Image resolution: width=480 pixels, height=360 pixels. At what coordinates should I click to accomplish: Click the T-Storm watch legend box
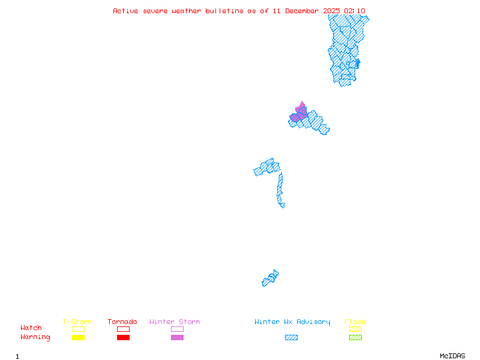pos(78,329)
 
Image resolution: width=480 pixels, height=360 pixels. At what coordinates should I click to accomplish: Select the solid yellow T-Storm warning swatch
pos(78,337)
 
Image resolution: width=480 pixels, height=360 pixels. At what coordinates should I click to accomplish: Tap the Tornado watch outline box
pos(123,329)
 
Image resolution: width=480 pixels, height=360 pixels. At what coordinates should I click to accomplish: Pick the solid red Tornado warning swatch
pos(123,337)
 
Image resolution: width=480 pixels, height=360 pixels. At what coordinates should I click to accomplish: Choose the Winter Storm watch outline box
pos(177,329)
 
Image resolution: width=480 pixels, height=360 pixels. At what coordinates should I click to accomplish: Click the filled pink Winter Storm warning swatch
pos(177,337)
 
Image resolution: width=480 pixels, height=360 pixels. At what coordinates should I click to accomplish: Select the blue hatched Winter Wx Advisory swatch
pos(291,337)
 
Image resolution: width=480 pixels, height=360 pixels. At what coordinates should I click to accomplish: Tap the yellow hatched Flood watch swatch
pos(355,329)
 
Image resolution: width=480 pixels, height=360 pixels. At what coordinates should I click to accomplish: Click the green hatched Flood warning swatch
pos(355,337)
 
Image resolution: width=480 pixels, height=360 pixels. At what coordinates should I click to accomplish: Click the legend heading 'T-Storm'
pos(77,322)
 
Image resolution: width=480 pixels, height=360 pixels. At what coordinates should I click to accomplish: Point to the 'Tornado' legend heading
pos(122,322)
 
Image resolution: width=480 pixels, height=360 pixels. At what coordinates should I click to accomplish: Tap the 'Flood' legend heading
pos(355,322)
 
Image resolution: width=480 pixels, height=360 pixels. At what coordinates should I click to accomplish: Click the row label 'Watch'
pos(31,328)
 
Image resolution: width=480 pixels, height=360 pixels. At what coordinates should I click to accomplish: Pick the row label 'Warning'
pos(35,337)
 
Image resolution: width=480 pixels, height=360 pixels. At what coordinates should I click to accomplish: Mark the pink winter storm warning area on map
pos(300,111)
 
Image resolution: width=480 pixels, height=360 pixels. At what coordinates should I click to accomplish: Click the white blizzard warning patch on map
pos(285,204)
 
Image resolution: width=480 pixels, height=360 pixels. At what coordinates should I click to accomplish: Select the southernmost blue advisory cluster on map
pos(270,278)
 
